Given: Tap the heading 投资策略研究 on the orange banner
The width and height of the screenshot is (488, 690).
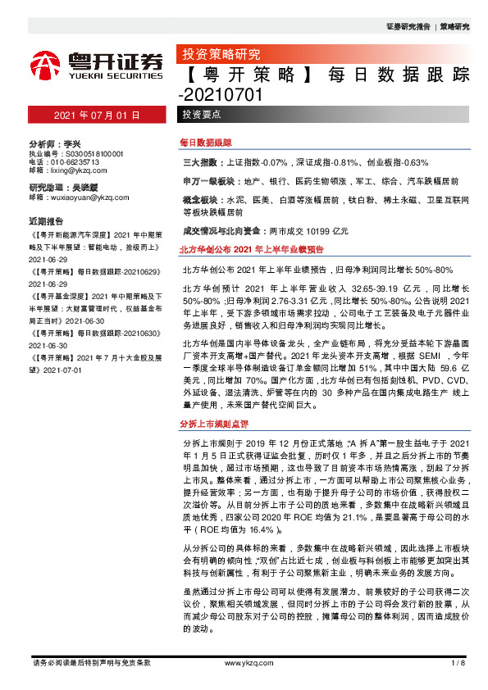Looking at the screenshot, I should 219,55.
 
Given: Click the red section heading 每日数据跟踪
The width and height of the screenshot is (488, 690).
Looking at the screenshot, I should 206,142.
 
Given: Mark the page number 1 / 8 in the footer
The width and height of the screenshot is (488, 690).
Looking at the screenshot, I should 458,662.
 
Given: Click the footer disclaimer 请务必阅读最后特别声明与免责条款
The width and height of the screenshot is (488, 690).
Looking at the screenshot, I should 91,662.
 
